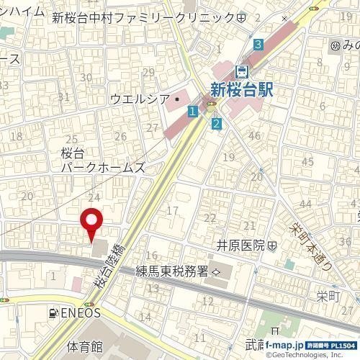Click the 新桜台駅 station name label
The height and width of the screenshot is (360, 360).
pyautogui.click(x=246, y=89)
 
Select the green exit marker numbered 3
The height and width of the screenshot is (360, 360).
pyautogui.click(x=258, y=45)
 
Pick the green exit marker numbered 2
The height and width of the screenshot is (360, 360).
pyautogui.click(x=217, y=124)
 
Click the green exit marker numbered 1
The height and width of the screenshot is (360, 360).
pyautogui.click(x=192, y=112)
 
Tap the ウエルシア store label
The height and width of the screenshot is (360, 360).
pyautogui.click(x=139, y=99)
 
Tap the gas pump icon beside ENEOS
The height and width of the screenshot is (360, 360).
pyautogui.click(x=53, y=313)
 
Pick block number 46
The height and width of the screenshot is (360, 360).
pyautogui.click(x=253, y=135)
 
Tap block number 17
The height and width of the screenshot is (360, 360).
pyautogui.click(x=172, y=210)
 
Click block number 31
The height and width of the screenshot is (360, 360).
pyautogui.click(x=63, y=96)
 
